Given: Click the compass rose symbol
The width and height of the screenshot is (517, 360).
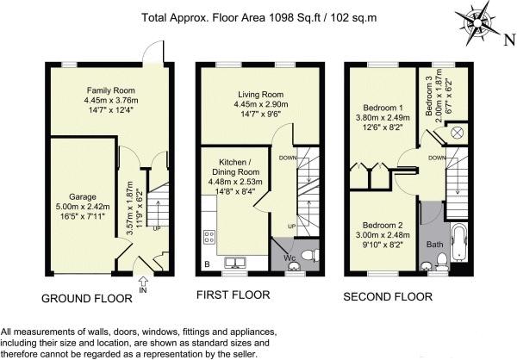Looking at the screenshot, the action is coord(477,23).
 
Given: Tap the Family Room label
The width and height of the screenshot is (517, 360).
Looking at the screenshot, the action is coord(111,90).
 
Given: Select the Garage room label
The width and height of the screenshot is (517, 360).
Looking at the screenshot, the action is coord(83,197).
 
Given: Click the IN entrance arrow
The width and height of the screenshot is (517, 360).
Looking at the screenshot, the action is coord(143,282).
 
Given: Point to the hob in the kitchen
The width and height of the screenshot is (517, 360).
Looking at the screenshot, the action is coord(209,237).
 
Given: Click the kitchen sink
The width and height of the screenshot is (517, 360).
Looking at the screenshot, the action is coord(234,262).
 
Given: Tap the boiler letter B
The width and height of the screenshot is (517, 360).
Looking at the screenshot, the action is coord(207,264).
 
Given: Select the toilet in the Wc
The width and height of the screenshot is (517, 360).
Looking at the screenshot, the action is coord(309,255).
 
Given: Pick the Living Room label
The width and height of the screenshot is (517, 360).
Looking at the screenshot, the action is coord(261,95).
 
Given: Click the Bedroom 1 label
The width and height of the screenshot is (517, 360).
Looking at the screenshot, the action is coord(383,108).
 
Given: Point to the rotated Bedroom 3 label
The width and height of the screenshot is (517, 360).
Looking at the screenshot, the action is coord(428,99).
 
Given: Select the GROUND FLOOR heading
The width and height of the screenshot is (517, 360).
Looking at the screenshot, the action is coord(87,299).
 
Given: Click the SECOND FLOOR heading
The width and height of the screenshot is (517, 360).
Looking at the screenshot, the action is coord(388,297).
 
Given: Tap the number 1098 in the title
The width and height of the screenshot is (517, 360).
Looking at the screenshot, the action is coord(281,17).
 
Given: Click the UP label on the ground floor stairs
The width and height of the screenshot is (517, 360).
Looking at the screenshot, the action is coord(157,228).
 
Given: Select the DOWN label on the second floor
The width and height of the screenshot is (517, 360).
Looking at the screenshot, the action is coord(437,158).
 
